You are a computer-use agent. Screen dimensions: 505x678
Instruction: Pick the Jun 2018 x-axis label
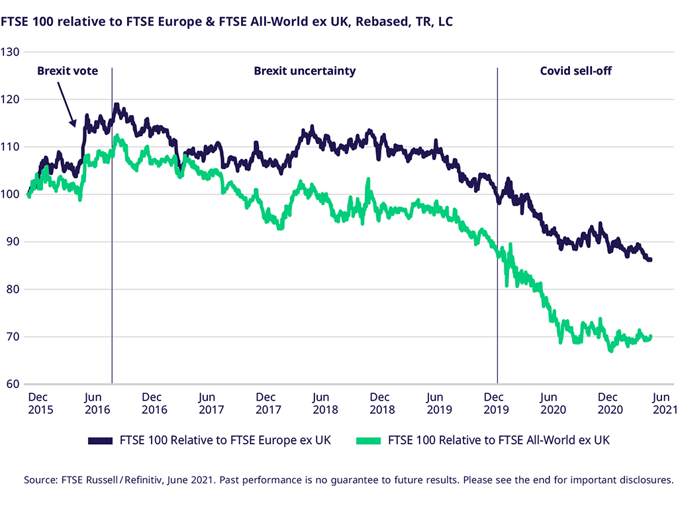click(x=321, y=403)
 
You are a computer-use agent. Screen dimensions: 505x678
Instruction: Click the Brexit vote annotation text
click(x=67, y=71)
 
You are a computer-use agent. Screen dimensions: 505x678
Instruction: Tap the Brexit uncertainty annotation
click(x=305, y=71)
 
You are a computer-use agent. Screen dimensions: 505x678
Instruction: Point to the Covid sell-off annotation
click(x=575, y=71)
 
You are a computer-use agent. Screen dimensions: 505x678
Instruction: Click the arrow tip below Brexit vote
click(x=75, y=126)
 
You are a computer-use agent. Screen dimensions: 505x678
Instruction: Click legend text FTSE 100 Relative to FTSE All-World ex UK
click(x=499, y=440)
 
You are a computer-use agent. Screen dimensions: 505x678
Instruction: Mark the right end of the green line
click(x=652, y=336)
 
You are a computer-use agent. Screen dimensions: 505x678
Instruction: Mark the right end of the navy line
click(x=651, y=260)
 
